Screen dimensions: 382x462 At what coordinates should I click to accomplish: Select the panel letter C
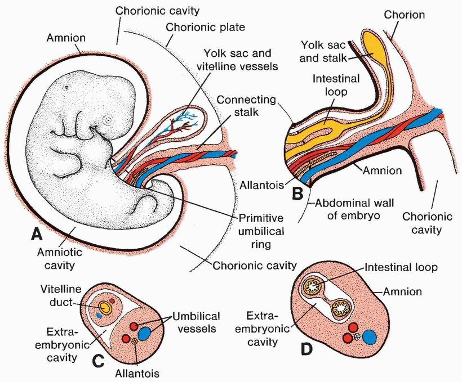[x=98, y=361]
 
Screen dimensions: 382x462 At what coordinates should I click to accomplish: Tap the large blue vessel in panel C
[x=145, y=332]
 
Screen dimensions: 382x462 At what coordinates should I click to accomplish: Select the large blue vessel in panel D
[x=370, y=337]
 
